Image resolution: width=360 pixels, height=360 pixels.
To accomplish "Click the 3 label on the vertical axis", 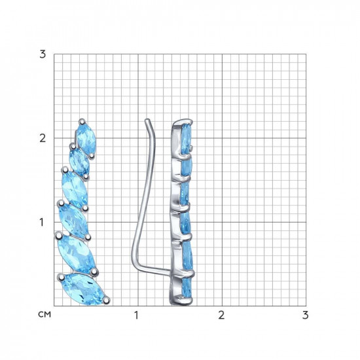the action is click(43, 54).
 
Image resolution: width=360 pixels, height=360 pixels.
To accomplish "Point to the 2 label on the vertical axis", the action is click(43, 139).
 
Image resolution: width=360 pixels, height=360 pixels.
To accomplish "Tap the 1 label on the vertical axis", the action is click(41, 223).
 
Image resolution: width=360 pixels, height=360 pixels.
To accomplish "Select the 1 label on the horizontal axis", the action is click(137, 315).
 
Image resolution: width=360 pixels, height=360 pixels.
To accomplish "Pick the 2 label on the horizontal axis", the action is click(221, 315).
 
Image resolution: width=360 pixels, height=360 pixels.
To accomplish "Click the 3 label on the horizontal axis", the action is click(305, 315).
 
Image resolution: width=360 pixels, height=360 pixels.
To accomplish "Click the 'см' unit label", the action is click(45, 315).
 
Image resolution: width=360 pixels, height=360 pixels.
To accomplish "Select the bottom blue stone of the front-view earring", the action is click(84, 289).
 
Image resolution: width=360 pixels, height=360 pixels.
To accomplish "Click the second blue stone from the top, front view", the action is click(79, 162).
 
